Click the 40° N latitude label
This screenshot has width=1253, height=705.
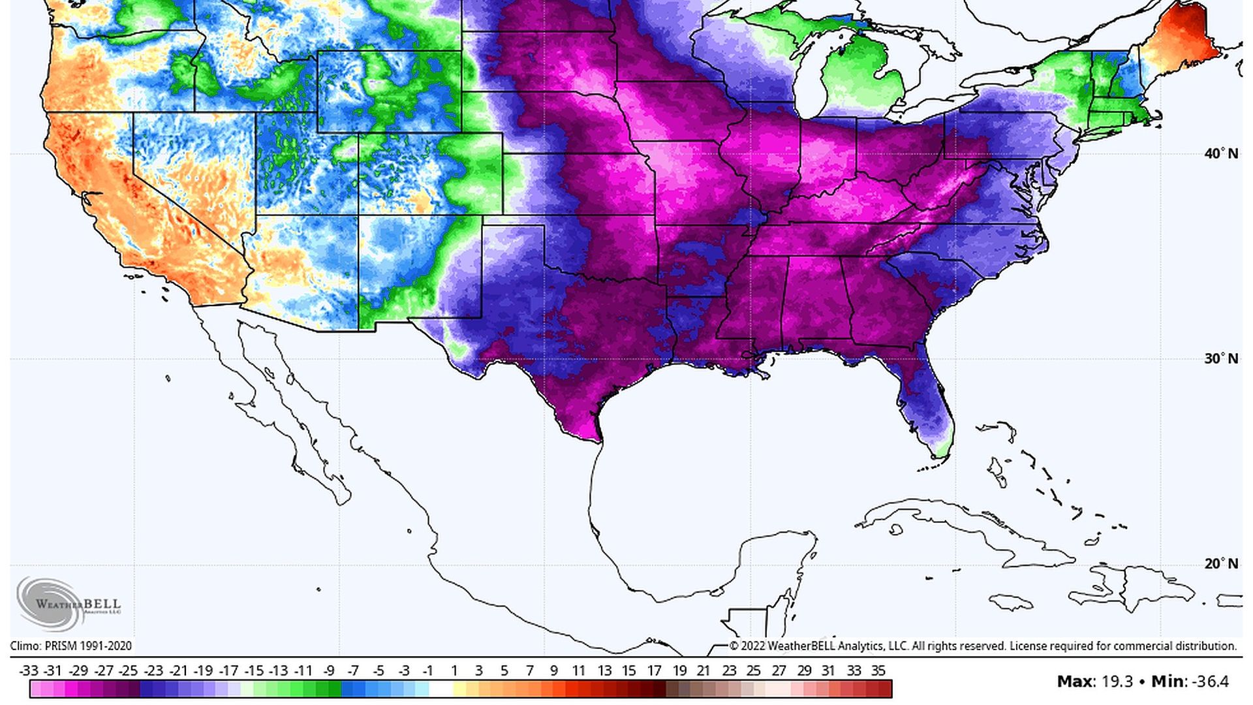(1220, 153)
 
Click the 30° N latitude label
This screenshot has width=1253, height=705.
(1220, 358)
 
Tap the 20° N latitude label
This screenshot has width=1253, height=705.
(1220, 563)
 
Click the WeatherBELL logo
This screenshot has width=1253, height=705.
(69, 603)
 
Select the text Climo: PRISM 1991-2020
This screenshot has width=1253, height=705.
(70, 646)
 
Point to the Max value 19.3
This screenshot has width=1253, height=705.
(1117, 681)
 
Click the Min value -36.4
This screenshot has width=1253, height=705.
(1210, 681)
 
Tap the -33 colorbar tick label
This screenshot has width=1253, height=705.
(29, 670)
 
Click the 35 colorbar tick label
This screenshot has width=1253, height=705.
(878, 670)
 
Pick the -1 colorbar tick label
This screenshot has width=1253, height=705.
(427, 670)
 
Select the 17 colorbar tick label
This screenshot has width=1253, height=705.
(655, 670)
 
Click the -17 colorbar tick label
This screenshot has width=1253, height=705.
(228, 670)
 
